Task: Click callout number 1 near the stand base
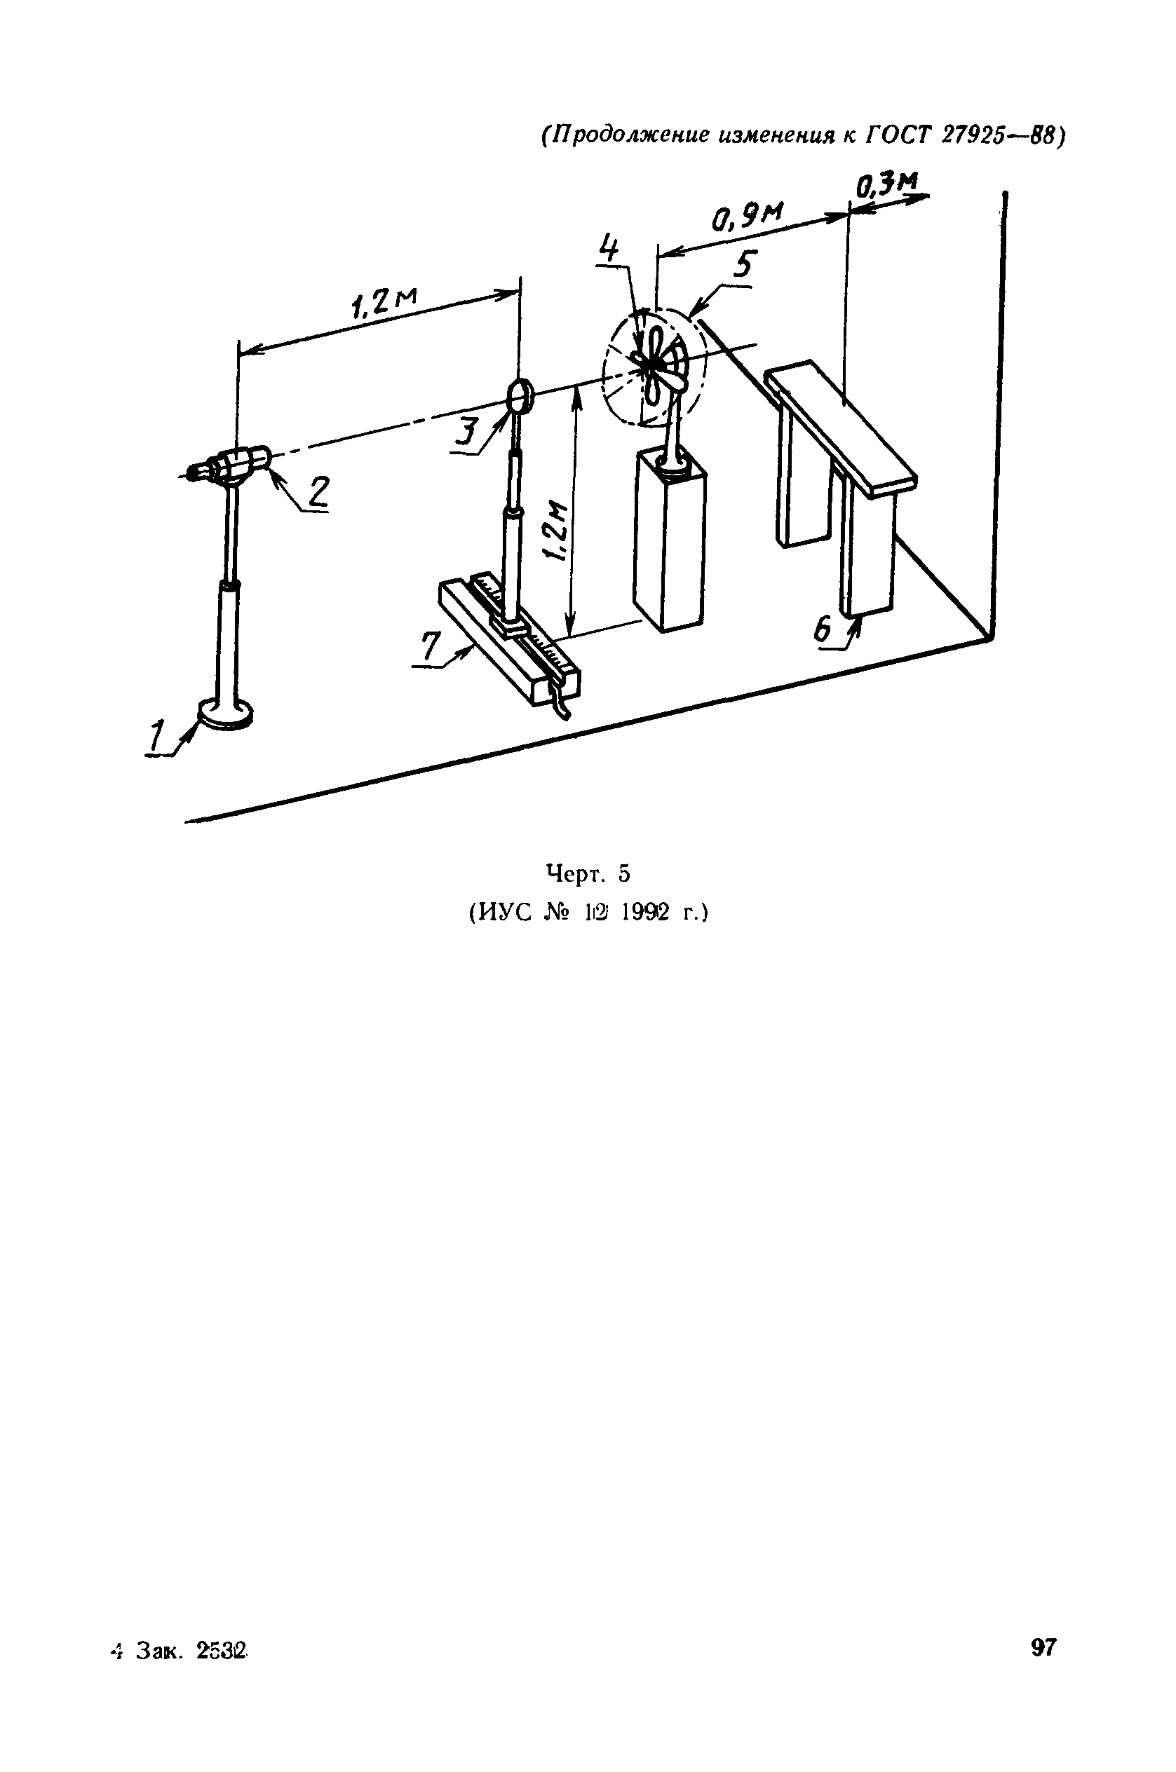pos(157,736)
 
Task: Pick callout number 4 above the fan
pos(611,248)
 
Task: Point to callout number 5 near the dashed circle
pos(744,266)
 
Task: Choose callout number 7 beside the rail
pos(430,646)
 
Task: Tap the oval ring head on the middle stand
pos(520,395)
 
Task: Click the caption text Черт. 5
pos(588,874)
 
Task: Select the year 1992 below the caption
pos(644,913)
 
